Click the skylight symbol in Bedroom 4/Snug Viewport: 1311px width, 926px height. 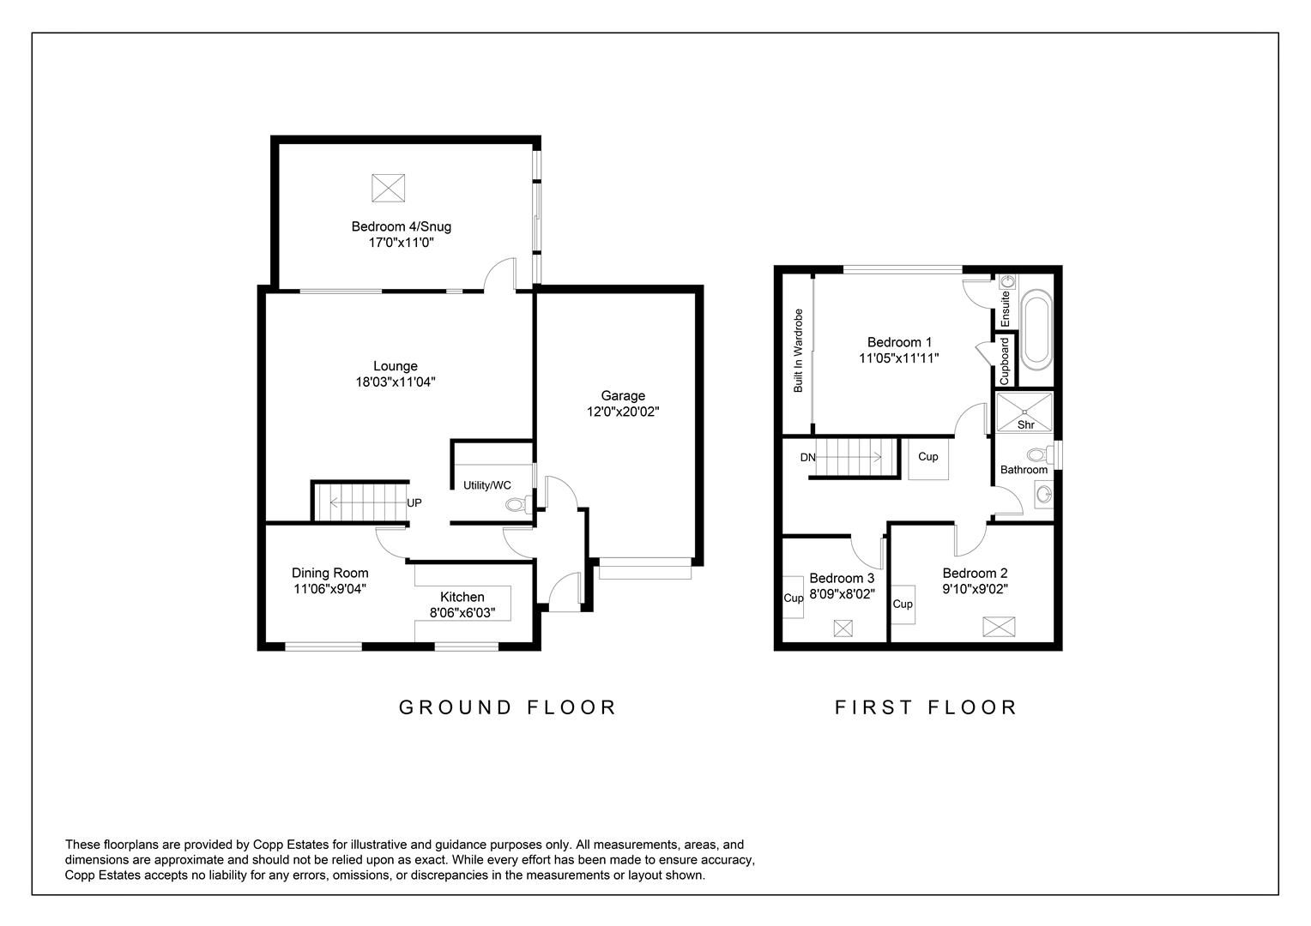click(x=388, y=188)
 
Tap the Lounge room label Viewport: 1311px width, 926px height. click(x=396, y=366)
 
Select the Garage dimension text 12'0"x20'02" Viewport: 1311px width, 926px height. click(x=623, y=412)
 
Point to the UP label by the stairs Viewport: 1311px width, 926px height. click(x=414, y=503)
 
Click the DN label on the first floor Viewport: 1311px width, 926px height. click(x=807, y=458)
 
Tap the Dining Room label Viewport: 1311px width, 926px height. click(x=329, y=573)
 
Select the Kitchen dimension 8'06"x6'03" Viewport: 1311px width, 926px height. click(x=462, y=613)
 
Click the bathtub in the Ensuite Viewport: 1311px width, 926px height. click(x=1034, y=329)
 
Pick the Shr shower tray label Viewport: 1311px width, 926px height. click(x=1025, y=424)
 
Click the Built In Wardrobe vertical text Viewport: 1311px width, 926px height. click(x=798, y=351)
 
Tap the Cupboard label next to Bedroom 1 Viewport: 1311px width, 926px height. click(x=1005, y=360)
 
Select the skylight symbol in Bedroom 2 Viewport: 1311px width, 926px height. click(x=998, y=626)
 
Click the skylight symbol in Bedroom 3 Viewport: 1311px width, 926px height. click(x=843, y=628)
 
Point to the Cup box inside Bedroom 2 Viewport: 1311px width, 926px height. click(x=903, y=604)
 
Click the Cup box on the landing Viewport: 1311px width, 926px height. click(x=928, y=457)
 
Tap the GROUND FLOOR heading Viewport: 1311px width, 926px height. click(x=508, y=707)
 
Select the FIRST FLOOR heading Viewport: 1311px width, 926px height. click(x=926, y=707)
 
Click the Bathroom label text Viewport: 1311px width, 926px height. click(x=1024, y=470)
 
